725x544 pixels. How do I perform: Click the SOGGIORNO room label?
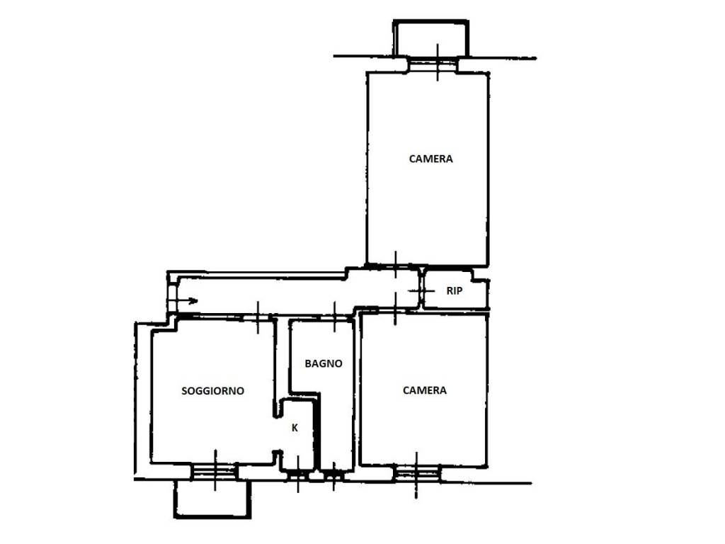(x=212, y=391)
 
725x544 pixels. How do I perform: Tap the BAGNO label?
(x=324, y=363)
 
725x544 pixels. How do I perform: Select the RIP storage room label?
(x=454, y=291)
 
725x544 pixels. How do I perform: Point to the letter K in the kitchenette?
(x=295, y=429)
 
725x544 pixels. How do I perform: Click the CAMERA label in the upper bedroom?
(x=431, y=159)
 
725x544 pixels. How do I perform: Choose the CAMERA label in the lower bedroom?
(x=425, y=390)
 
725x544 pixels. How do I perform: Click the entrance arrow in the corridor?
(x=183, y=301)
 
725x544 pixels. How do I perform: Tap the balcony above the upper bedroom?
(x=431, y=38)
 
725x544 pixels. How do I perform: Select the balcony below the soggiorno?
(x=212, y=499)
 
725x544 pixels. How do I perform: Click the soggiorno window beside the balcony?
(x=215, y=472)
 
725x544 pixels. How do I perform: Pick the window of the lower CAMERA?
(x=416, y=474)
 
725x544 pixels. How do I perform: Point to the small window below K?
(x=298, y=475)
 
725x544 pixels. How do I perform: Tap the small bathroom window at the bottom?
(x=334, y=475)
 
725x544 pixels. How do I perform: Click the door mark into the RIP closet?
(x=421, y=290)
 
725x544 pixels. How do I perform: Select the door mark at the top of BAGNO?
(x=335, y=317)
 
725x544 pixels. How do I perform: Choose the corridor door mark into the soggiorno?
(x=258, y=317)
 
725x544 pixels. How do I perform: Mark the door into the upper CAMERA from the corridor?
(x=395, y=265)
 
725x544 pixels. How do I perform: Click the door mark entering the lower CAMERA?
(x=395, y=309)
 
